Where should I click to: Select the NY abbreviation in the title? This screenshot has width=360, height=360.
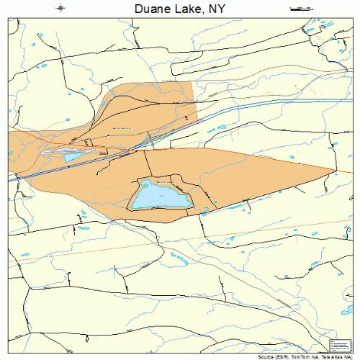click(218, 9)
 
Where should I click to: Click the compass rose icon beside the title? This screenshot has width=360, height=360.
click(61, 9)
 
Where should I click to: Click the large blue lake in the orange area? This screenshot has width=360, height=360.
click(160, 194)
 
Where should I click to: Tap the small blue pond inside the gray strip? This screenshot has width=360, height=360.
click(73, 156)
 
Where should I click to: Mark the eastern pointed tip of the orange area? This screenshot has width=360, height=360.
click(336, 171)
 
